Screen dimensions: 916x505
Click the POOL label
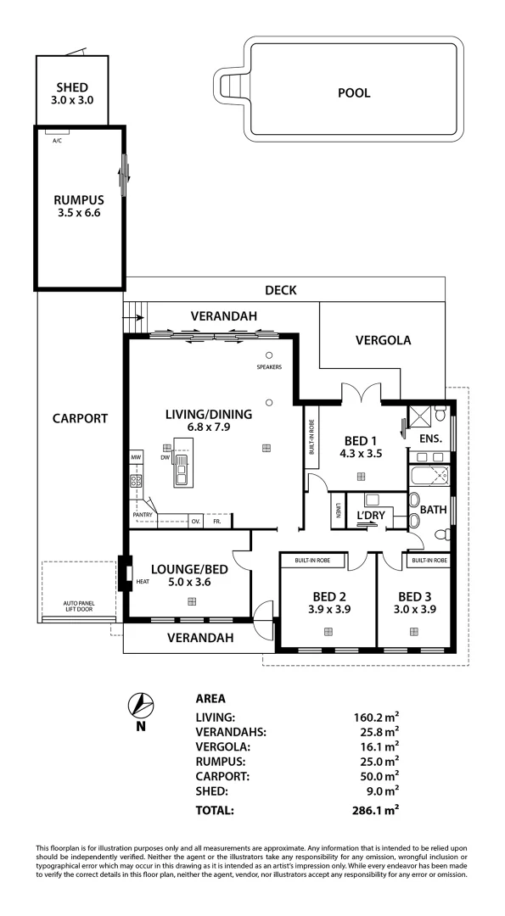pyautogui.click(x=354, y=93)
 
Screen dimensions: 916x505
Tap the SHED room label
pyautogui.click(x=72, y=87)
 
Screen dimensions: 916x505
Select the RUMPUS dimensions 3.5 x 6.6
pyautogui.click(x=72, y=214)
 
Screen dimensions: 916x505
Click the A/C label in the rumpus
pyautogui.click(x=57, y=140)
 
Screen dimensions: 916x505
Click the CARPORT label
pyautogui.click(x=80, y=418)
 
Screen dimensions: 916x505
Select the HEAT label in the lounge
pyautogui.click(x=143, y=583)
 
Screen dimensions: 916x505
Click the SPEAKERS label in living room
pyautogui.click(x=268, y=367)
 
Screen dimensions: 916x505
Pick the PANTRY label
pyautogui.click(x=143, y=514)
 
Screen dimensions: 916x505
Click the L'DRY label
pyautogui.click(x=371, y=515)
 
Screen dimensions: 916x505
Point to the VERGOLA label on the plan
pyautogui.click(x=382, y=340)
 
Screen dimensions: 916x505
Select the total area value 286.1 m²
pyautogui.click(x=376, y=810)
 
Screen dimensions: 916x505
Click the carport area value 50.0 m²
pyautogui.click(x=376, y=775)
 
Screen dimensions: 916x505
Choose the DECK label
pyautogui.click(x=280, y=290)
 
